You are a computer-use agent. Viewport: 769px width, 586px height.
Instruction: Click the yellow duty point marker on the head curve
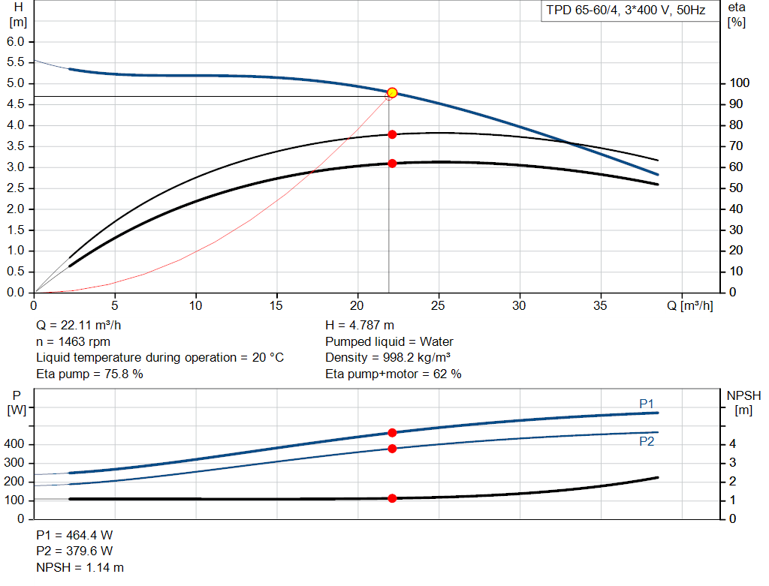point(392,92)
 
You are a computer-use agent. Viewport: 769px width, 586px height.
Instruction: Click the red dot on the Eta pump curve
point(392,134)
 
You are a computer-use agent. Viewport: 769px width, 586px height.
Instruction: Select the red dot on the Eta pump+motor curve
point(392,163)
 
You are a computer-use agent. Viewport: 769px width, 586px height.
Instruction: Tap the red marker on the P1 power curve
point(392,433)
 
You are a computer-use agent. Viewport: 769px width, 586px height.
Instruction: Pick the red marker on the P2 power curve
point(392,449)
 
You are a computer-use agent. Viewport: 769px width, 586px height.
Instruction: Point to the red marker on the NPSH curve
point(392,498)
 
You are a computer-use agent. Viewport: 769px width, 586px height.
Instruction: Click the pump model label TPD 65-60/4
point(625,11)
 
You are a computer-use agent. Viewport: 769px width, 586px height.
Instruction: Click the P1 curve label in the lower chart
point(647,404)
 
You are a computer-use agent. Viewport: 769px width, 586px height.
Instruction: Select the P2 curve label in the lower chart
point(647,442)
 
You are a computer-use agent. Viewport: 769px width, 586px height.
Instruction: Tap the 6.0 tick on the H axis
point(16,41)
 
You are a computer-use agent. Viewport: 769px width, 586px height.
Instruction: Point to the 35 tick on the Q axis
point(600,305)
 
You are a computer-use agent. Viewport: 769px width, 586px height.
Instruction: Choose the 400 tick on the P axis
point(17,444)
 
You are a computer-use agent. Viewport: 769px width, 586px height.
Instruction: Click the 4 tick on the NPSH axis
point(732,444)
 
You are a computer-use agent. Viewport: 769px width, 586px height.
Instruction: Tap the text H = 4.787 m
point(360,325)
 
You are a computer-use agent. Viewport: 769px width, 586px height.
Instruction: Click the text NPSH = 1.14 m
point(80,567)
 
